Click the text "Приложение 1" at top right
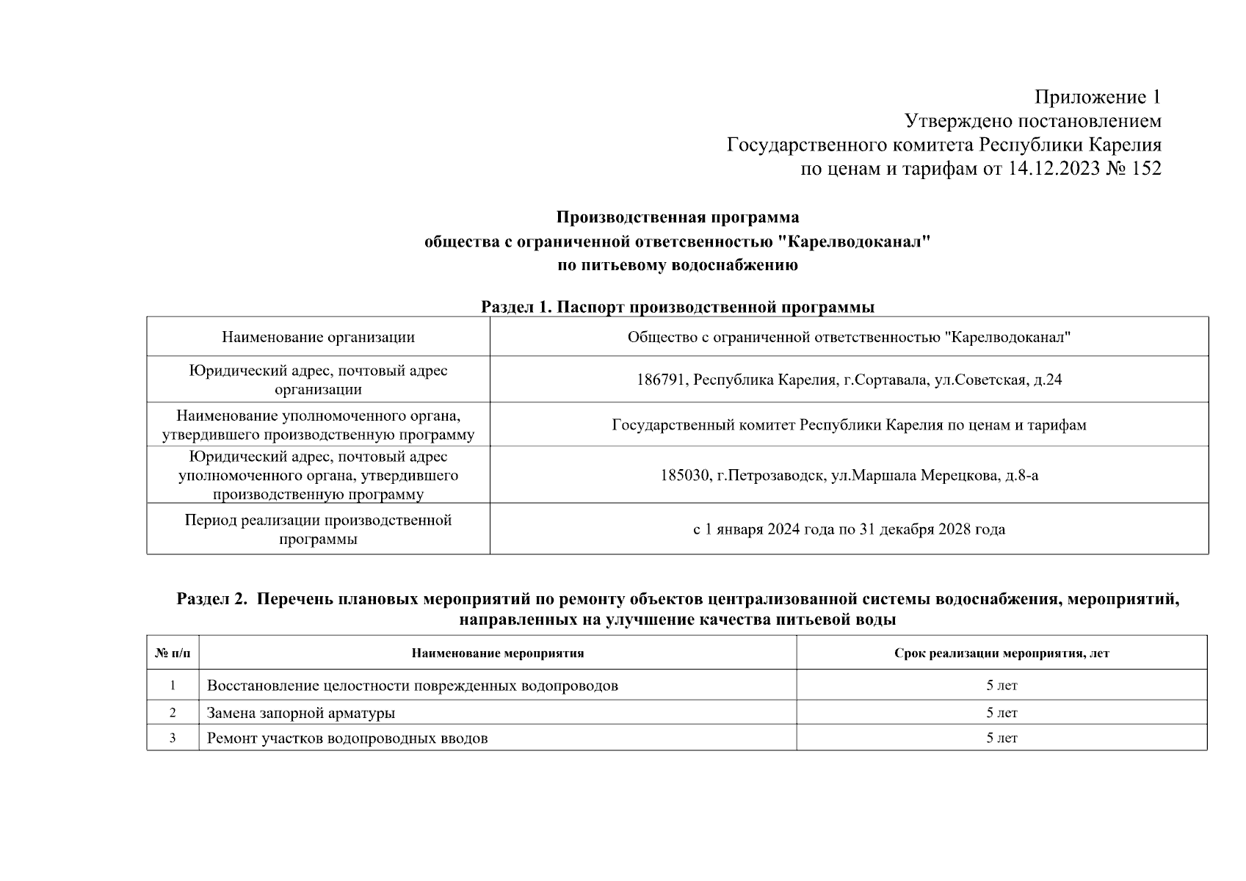click(x=1098, y=97)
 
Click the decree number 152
click(x=1146, y=169)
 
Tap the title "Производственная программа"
click(x=677, y=217)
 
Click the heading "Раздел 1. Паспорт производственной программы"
click(x=677, y=307)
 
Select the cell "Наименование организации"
click(x=318, y=337)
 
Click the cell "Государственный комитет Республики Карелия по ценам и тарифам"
click(x=849, y=425)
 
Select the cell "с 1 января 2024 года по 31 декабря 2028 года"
click(x=849, y=529)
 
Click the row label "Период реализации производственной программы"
click(x=318, y=529)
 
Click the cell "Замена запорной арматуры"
click(x=301, y=713)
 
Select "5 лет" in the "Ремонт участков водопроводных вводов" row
click(x=1001, y=739)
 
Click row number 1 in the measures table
click(x=173, y=686)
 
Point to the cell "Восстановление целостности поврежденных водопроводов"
click(x=412, y=686)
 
